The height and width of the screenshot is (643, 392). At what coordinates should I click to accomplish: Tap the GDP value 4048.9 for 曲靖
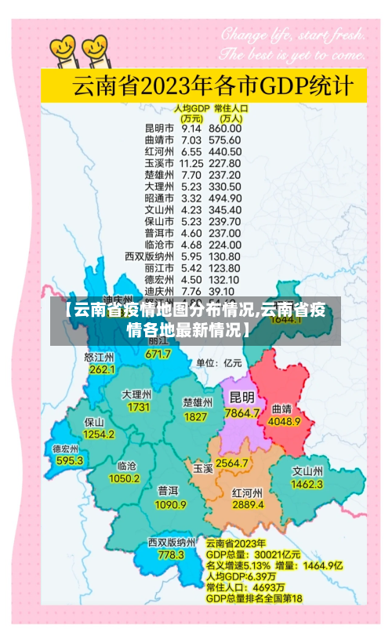pyautogui.click(x=285, y=421)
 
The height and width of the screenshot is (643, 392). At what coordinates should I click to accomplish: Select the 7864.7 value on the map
pyautogui.click(x=241, y=412)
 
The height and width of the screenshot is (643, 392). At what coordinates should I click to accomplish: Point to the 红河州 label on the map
pyautogui.click(x=248, y=493)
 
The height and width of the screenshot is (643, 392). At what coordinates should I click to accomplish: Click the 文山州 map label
pyautogui.click(x=307, y=471)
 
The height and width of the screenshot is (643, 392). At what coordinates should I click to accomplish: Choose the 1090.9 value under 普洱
pyautogui.click(x=170, y=504)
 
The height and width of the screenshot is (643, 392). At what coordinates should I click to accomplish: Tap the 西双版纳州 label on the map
pyautogui.click(x=171, y=541)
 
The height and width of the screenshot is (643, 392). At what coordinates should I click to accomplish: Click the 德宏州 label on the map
pyautogui.click(x=66, y=449)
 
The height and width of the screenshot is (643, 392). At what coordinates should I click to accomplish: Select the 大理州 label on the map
pyautogui.click(x=136, y=394)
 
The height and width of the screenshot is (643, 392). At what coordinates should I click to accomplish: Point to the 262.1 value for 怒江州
pyautogui.click(x=102, y=369)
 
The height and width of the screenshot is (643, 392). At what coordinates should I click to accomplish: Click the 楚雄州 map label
pyautogui.click(x=197, y=401)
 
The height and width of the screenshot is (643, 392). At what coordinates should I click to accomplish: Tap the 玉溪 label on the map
pyautogui.click(x=203, y=468)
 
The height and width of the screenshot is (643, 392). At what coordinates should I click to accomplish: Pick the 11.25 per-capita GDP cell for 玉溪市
pyautogui.click(x=191, y=163)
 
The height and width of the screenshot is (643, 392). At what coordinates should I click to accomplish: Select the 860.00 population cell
pyautogui.click(x=225, y=128)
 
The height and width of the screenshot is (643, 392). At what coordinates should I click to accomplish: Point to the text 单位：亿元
pyautogui.click(x=219, y=363)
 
